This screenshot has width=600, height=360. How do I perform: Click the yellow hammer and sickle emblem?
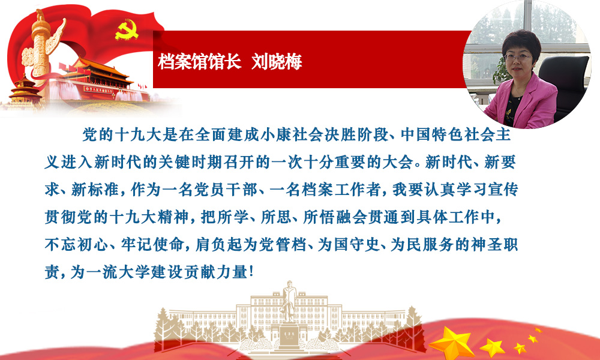click(x=127, y=30)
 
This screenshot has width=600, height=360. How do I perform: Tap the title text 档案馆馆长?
click(x=199, y=62)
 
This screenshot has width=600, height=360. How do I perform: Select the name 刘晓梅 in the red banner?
click(x=277, y=62)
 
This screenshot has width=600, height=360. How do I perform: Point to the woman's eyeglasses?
click(x=518, y=57)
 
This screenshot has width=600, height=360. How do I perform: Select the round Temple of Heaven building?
click(x=25, y=90)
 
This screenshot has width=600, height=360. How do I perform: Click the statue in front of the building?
click(x=289, y=302)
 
